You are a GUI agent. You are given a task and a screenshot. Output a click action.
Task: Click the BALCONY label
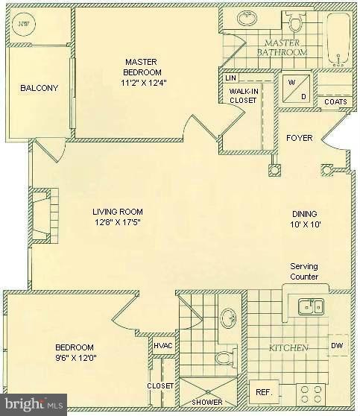pyautogui.click(x=39, y=88)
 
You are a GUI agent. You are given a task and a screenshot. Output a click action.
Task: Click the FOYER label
pyautogui.click(x=300, y=138)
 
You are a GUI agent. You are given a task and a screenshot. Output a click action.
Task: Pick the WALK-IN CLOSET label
pyautogui.click(x=243, y=95)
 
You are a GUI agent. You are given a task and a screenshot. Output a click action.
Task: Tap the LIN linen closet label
pyautogui.click(x=230, y=78)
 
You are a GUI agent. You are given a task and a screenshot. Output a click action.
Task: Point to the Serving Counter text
pyautogui.click(x=304, y=271)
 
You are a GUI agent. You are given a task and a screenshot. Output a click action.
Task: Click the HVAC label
pyautogui.click(x=162, y=345)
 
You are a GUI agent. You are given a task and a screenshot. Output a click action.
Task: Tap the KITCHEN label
pyautogui.click(x=289, y=348)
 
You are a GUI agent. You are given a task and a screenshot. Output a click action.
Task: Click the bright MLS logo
pyautogui.click(x=33, y=406)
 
